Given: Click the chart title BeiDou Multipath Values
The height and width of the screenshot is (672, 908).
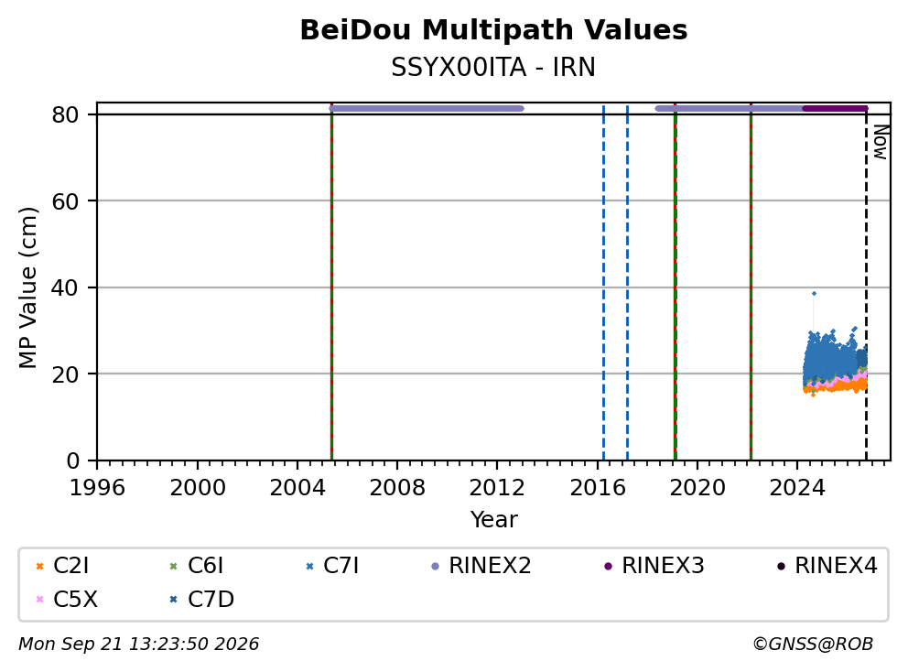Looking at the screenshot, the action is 493,30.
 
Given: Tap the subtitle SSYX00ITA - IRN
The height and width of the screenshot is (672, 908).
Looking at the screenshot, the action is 493,67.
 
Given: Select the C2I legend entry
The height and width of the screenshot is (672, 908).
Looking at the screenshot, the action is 62,566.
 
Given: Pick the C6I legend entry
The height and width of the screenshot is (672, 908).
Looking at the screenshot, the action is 196,566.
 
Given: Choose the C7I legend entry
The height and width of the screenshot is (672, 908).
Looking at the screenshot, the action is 332,566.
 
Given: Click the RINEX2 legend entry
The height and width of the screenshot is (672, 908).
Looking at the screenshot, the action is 481,566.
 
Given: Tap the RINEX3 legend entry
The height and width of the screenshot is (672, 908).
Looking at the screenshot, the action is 654,566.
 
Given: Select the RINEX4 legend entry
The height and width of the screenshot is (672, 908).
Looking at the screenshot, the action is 827,566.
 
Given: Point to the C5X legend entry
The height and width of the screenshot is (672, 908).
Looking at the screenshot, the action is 67,599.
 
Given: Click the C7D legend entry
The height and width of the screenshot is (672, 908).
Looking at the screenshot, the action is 201,599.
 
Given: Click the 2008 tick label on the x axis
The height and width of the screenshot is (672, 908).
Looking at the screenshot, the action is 397,488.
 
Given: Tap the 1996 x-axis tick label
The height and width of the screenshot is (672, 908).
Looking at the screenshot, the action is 97,488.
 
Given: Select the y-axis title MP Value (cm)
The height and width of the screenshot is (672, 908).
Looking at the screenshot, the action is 27,287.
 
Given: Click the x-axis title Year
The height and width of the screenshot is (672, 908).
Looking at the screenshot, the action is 494,519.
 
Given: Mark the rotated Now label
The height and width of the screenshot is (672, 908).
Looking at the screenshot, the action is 881,142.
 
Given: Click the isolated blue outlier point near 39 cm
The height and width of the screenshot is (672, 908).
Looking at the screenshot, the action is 814,293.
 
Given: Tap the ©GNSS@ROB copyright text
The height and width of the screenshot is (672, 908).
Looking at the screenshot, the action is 813,644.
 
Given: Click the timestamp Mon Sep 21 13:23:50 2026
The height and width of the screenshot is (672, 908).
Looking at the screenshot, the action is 139,644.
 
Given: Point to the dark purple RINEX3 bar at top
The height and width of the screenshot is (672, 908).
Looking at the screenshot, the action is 835,108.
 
